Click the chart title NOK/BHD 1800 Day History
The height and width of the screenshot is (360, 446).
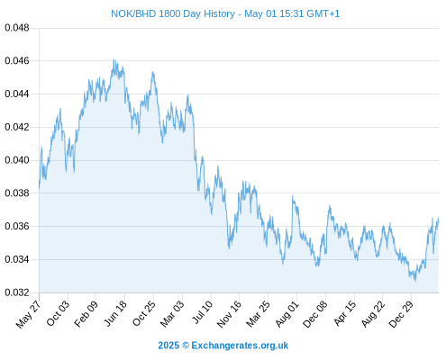pos(173,13)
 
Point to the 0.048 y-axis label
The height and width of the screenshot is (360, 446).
pos(17,28)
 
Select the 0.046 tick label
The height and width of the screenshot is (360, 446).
pos(17,61)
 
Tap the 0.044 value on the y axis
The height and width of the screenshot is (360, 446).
pos(17,94)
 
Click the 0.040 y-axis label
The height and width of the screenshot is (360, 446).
pos(17,160)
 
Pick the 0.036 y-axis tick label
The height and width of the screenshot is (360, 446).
pos(17,226)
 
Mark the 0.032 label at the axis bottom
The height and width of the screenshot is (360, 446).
pos(17,292)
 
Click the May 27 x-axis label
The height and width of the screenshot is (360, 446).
pos(28,314)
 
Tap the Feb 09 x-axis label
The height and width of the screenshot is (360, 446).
pos(86,313)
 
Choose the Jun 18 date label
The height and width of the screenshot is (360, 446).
pos(115,313)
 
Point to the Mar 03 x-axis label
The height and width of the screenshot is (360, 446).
pos(172,313)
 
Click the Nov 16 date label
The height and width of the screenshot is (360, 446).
pos(229,314)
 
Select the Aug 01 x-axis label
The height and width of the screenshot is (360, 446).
pos(287,313)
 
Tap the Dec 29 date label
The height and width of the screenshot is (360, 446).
pos(401,314)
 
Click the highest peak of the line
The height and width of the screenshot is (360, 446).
pos(114,59)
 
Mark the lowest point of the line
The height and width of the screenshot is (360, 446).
pos(415,281)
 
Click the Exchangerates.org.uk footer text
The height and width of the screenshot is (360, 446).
pos(240,346)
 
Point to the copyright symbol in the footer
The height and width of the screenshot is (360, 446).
pos(186,346)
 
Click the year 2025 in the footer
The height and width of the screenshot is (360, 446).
pos(168,346)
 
